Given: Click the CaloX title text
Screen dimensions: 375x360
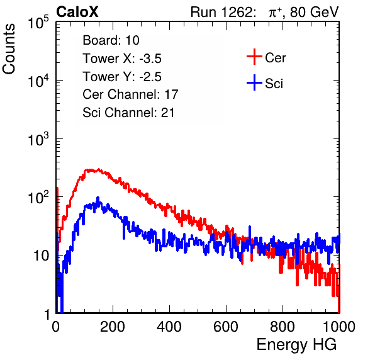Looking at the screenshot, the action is point(77,12).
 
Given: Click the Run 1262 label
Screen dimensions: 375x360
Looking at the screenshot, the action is point(221,12).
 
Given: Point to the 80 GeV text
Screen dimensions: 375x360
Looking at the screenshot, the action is point(314,12).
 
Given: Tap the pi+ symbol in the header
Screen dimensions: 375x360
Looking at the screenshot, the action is point(275,13).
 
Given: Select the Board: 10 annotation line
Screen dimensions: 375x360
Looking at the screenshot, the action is point(111,40).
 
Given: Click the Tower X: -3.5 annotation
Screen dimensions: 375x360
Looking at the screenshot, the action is point(122,59).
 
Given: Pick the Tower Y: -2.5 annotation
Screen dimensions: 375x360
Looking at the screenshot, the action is point(122,77).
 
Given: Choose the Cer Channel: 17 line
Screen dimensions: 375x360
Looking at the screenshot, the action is point(130,94).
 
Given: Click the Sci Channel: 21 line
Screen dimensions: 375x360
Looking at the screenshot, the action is point(128,113).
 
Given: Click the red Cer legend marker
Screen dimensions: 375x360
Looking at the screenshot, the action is point(254,57).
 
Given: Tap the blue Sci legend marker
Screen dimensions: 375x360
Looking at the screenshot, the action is point(254,83).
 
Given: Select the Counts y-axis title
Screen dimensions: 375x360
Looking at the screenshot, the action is point(9,49).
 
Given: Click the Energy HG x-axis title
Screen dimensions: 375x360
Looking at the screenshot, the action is point(296,345).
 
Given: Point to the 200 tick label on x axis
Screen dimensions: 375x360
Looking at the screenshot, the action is point(113,327).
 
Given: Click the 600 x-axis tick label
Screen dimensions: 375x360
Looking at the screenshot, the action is point(226,327).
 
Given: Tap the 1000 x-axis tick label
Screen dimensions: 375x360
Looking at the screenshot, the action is point(339,327).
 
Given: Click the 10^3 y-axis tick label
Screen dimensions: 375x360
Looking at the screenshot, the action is point(38,139).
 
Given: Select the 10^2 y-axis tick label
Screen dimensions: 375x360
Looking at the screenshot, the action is point(38,198).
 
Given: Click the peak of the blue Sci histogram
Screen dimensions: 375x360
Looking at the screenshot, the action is point(98,198).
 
